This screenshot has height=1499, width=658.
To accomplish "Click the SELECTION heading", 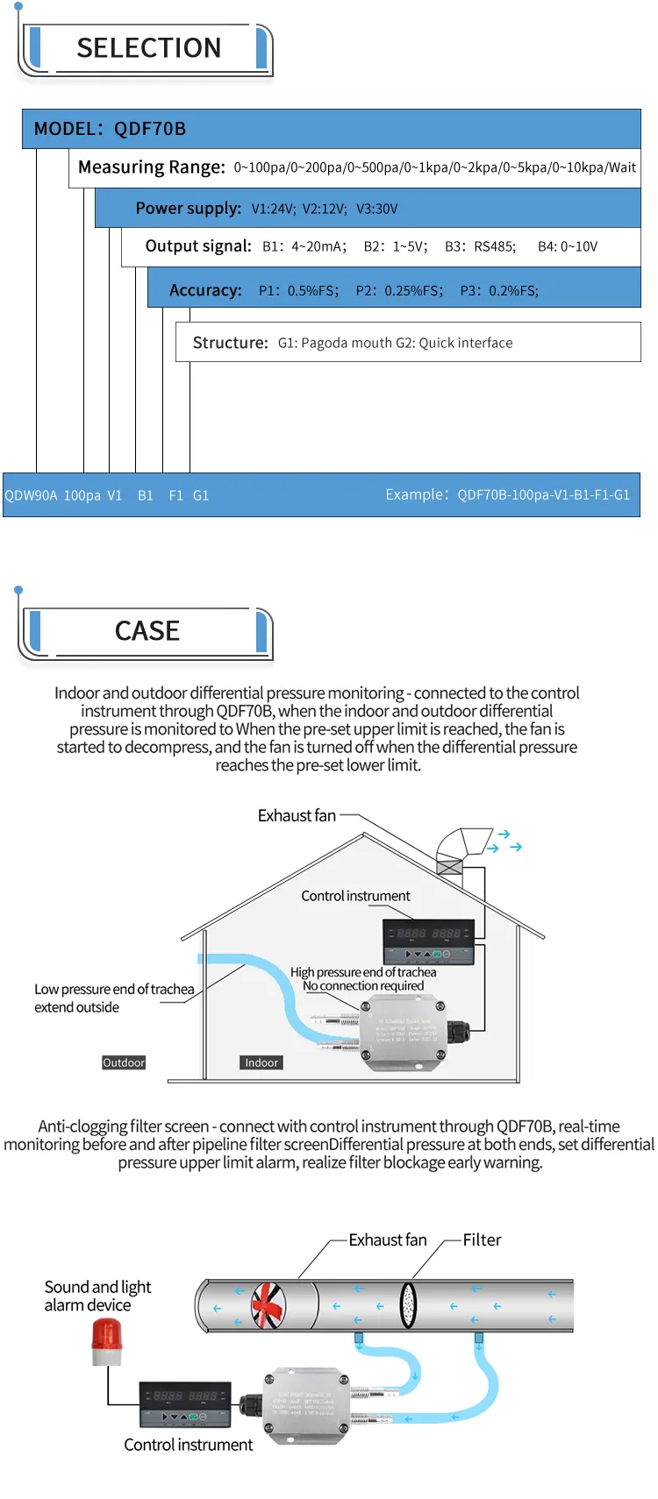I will (x=148, y=48).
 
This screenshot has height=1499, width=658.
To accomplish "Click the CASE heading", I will (x=147, y=631).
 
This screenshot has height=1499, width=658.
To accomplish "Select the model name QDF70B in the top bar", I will (x=150, y=129).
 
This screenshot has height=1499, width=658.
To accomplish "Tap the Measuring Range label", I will (x=151, y=167).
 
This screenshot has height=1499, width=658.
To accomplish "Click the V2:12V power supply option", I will (x=325, y=209).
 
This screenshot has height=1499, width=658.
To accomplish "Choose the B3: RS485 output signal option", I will (x=480, y=246).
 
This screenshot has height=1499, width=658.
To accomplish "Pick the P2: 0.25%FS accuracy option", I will (x=399, y=290).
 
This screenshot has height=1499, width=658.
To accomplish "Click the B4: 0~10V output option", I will (x=568, y=246).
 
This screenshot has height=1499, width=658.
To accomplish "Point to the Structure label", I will (x=230, y=343).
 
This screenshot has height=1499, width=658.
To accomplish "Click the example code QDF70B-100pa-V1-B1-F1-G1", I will (x=543, y=495).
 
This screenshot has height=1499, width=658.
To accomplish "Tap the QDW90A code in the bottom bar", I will (x=31, y=495).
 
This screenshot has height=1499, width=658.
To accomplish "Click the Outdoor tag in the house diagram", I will (x=124, y=1062).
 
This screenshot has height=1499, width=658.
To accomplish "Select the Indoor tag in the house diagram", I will (x=261, y=1062).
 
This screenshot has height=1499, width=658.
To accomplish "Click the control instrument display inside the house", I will (x=429, y=941).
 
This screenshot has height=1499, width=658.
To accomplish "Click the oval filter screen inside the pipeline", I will (x=408, y=1305).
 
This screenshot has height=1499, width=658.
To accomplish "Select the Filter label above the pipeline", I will (x=482, y=1240).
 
